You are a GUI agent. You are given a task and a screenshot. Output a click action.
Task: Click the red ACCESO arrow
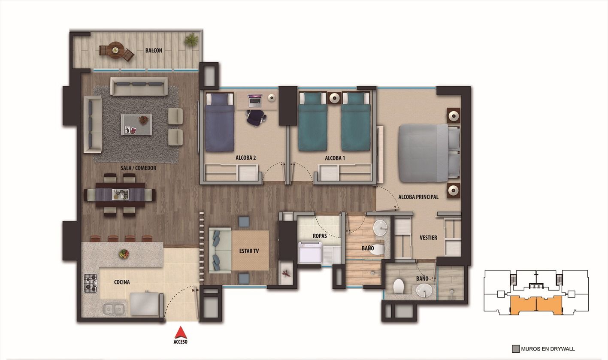(181, 333)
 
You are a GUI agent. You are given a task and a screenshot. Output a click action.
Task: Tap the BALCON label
(154, 51)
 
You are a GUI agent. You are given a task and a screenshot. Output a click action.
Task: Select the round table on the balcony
(115, 50)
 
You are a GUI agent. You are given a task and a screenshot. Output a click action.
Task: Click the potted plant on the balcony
(191, 40)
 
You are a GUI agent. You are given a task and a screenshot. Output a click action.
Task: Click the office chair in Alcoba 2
(256, 117)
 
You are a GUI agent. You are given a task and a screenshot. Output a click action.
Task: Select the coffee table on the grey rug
(136, 124)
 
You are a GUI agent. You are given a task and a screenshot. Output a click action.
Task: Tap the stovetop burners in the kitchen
(90, 284)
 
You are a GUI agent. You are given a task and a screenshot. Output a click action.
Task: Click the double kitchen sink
(114, 309)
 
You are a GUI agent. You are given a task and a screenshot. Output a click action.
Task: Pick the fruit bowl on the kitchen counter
(124, 254)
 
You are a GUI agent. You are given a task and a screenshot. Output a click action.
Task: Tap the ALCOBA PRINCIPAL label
(418, 197)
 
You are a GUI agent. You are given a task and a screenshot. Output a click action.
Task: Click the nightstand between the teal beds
(334, 98)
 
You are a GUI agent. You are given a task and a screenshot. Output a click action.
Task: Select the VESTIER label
(428, 237)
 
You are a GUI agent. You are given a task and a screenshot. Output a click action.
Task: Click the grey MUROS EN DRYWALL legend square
(516, 349)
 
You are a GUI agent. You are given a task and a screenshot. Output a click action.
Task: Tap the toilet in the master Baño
(399, 286)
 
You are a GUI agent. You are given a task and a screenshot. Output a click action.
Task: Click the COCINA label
(122, 282)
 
